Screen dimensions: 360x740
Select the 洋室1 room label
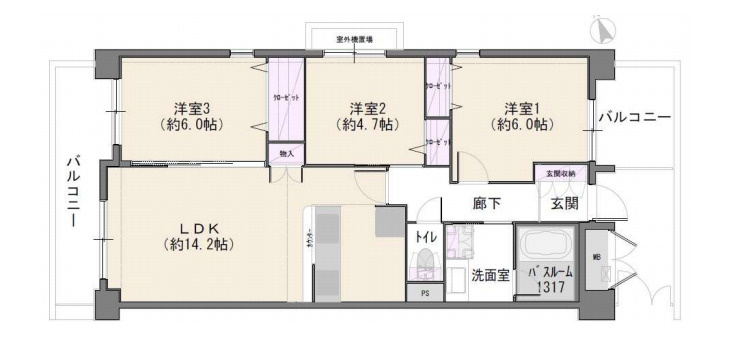point(523,107)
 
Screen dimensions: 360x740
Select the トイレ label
point(424,237)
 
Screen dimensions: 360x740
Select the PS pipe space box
point(424,294)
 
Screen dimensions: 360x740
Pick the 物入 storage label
point(286,153)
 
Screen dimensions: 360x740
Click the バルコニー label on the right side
point(634,117)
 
